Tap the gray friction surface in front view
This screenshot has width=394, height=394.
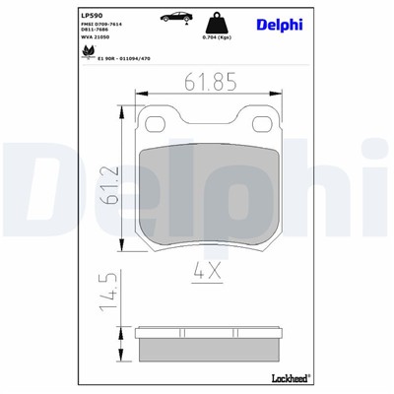click(x=209, y=197)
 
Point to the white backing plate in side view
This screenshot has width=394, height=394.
click(x=209, y=332)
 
